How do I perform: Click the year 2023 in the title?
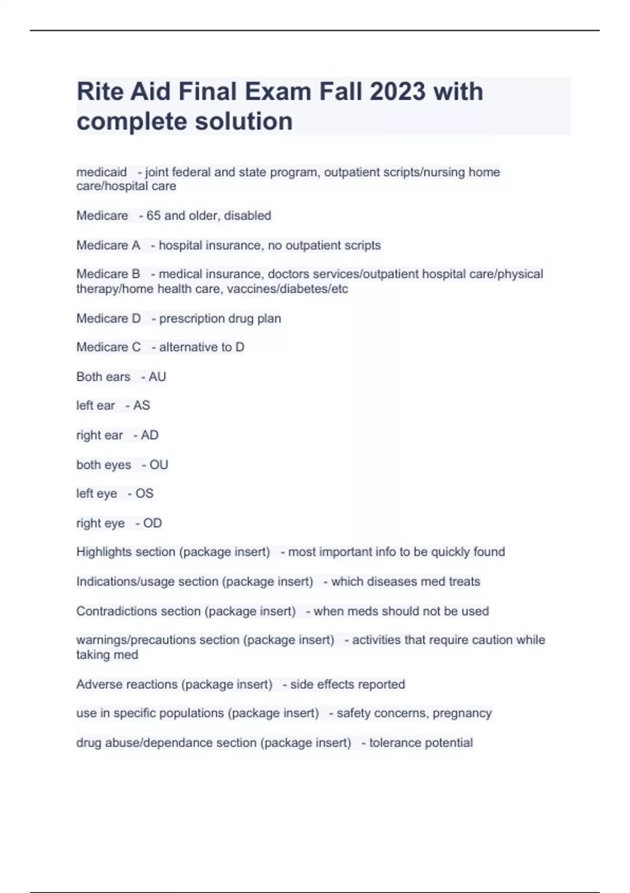point(397,91)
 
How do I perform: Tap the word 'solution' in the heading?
point(244,121)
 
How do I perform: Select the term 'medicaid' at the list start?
point(102,172)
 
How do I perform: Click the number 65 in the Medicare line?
point(153,215)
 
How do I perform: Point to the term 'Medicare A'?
point(108,245)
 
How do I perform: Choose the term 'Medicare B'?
point(108,274)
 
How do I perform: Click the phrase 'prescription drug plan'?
point(220,318)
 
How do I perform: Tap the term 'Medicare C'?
point(109,347)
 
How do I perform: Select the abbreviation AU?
point(157,377)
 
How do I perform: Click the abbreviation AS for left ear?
point(142,406)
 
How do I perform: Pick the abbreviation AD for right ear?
point(150,435)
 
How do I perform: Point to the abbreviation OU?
point(159,465)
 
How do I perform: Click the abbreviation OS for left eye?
point(144,493)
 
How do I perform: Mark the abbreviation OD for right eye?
point(153,523)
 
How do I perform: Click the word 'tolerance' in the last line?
point(394,743)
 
